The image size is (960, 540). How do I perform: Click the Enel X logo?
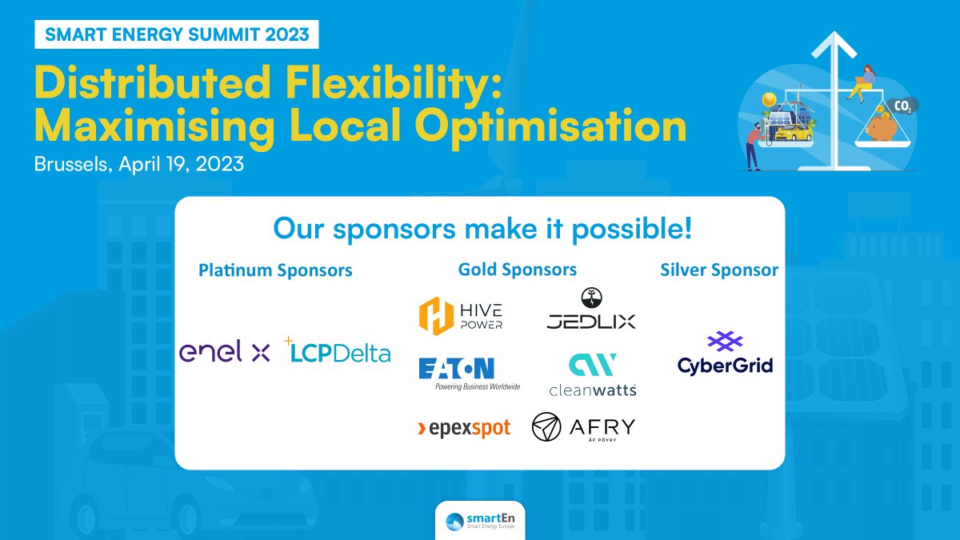(x=225, y=352)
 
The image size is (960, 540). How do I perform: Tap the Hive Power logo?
(x=460, y=314)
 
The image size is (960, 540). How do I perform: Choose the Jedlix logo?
(x=591, y=310)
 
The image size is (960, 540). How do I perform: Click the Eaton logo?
(x=468, y=372)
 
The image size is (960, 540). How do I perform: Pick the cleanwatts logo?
(x=592, y=374)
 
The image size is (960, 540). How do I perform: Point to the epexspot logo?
(x=464, y=429)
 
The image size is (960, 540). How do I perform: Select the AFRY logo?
(x=583, y=427)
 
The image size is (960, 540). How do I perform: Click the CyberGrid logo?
(x=725, y=354)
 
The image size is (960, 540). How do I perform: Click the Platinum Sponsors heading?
(x=275, y=270)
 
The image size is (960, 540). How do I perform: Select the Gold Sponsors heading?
(x=517, y=270)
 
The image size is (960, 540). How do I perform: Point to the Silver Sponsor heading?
(x=718, y=270)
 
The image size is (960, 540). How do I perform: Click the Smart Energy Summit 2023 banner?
(x=177, y=34)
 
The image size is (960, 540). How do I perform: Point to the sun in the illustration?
(x=770, y=101)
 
